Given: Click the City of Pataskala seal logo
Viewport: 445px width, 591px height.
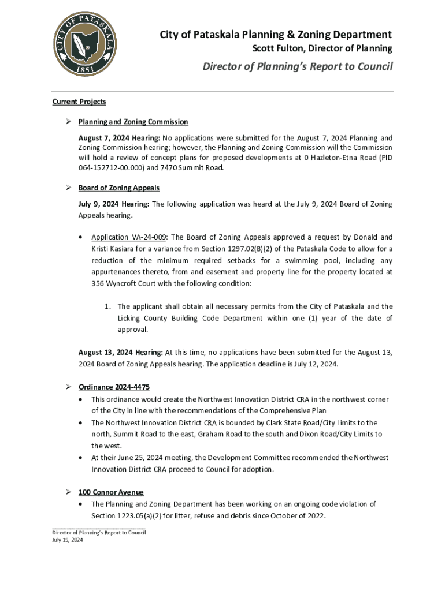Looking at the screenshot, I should [x=87, y=44].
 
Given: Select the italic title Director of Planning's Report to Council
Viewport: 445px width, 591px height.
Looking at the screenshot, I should [x=297, y=66].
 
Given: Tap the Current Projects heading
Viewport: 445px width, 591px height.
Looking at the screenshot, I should [x=79, y=102].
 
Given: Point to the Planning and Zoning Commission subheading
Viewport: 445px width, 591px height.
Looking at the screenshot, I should [x=133, y=122].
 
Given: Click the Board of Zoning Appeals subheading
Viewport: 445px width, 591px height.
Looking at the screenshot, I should [x=119, y=188].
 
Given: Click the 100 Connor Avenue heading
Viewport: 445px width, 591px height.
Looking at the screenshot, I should [x=111, y=492].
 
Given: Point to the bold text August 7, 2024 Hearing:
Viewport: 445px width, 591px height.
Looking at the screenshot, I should [x=120, y=138].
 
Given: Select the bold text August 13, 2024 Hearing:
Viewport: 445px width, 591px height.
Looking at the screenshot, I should [x=121, y=352].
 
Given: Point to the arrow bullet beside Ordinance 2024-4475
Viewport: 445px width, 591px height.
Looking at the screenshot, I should [x=68, y=387].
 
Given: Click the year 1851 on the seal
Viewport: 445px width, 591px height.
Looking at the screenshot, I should [x=87, y=68].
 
